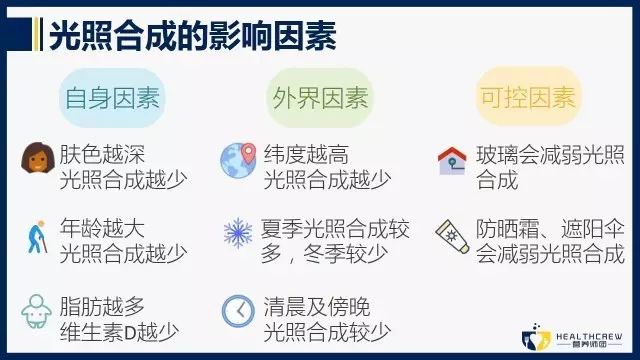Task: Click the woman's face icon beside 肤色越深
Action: (x=36, y=159)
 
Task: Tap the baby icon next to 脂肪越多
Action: (x=36, y=309)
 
